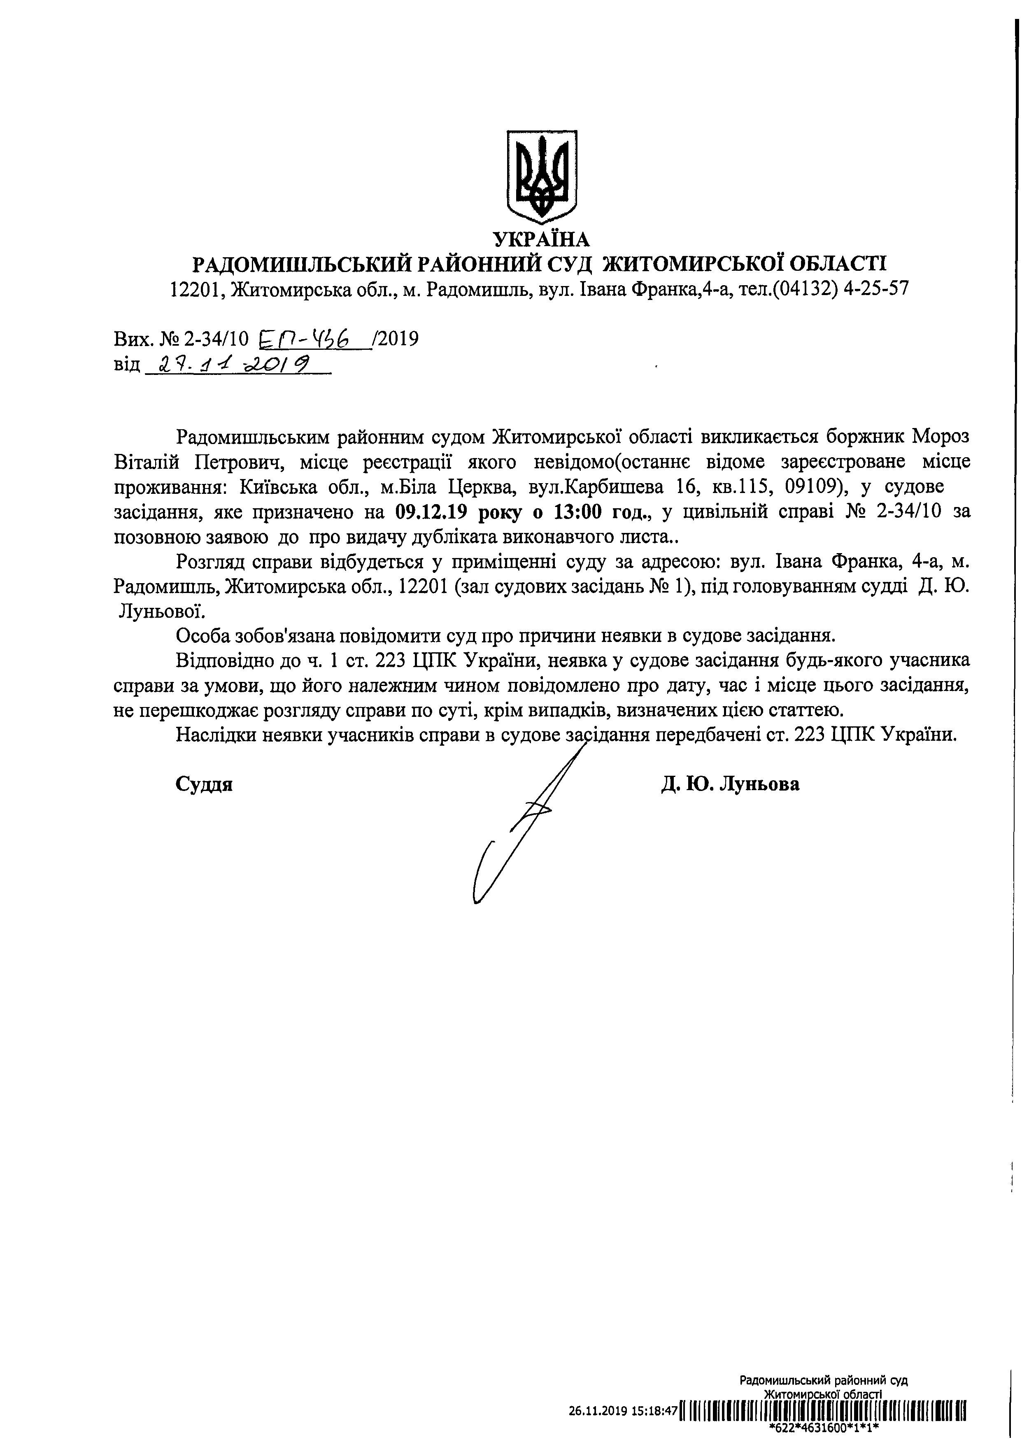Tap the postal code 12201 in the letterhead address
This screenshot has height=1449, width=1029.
(195, 290)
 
